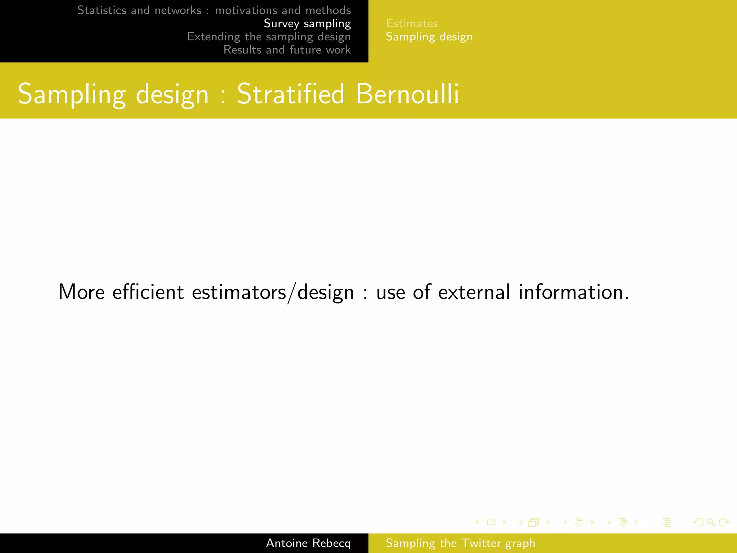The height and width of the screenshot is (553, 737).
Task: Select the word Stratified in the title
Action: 290,94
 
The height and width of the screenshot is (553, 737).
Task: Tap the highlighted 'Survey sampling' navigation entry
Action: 307,23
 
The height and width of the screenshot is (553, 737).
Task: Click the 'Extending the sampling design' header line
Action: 269,37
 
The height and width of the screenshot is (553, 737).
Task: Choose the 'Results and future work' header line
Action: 287,50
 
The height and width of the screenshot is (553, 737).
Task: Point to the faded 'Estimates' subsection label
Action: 412,23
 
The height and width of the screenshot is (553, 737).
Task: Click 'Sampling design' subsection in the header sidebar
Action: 429,37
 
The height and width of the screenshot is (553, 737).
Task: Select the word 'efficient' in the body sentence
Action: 148,292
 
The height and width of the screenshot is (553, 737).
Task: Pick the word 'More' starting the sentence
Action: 81,292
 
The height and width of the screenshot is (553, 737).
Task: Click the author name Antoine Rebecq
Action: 308,543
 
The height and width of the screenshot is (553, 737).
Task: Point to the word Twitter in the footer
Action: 481,543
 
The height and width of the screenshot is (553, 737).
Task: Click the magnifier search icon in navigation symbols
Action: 711,522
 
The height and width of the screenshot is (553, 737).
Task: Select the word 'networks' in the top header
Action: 178,10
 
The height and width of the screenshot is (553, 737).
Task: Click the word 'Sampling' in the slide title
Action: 72,95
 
